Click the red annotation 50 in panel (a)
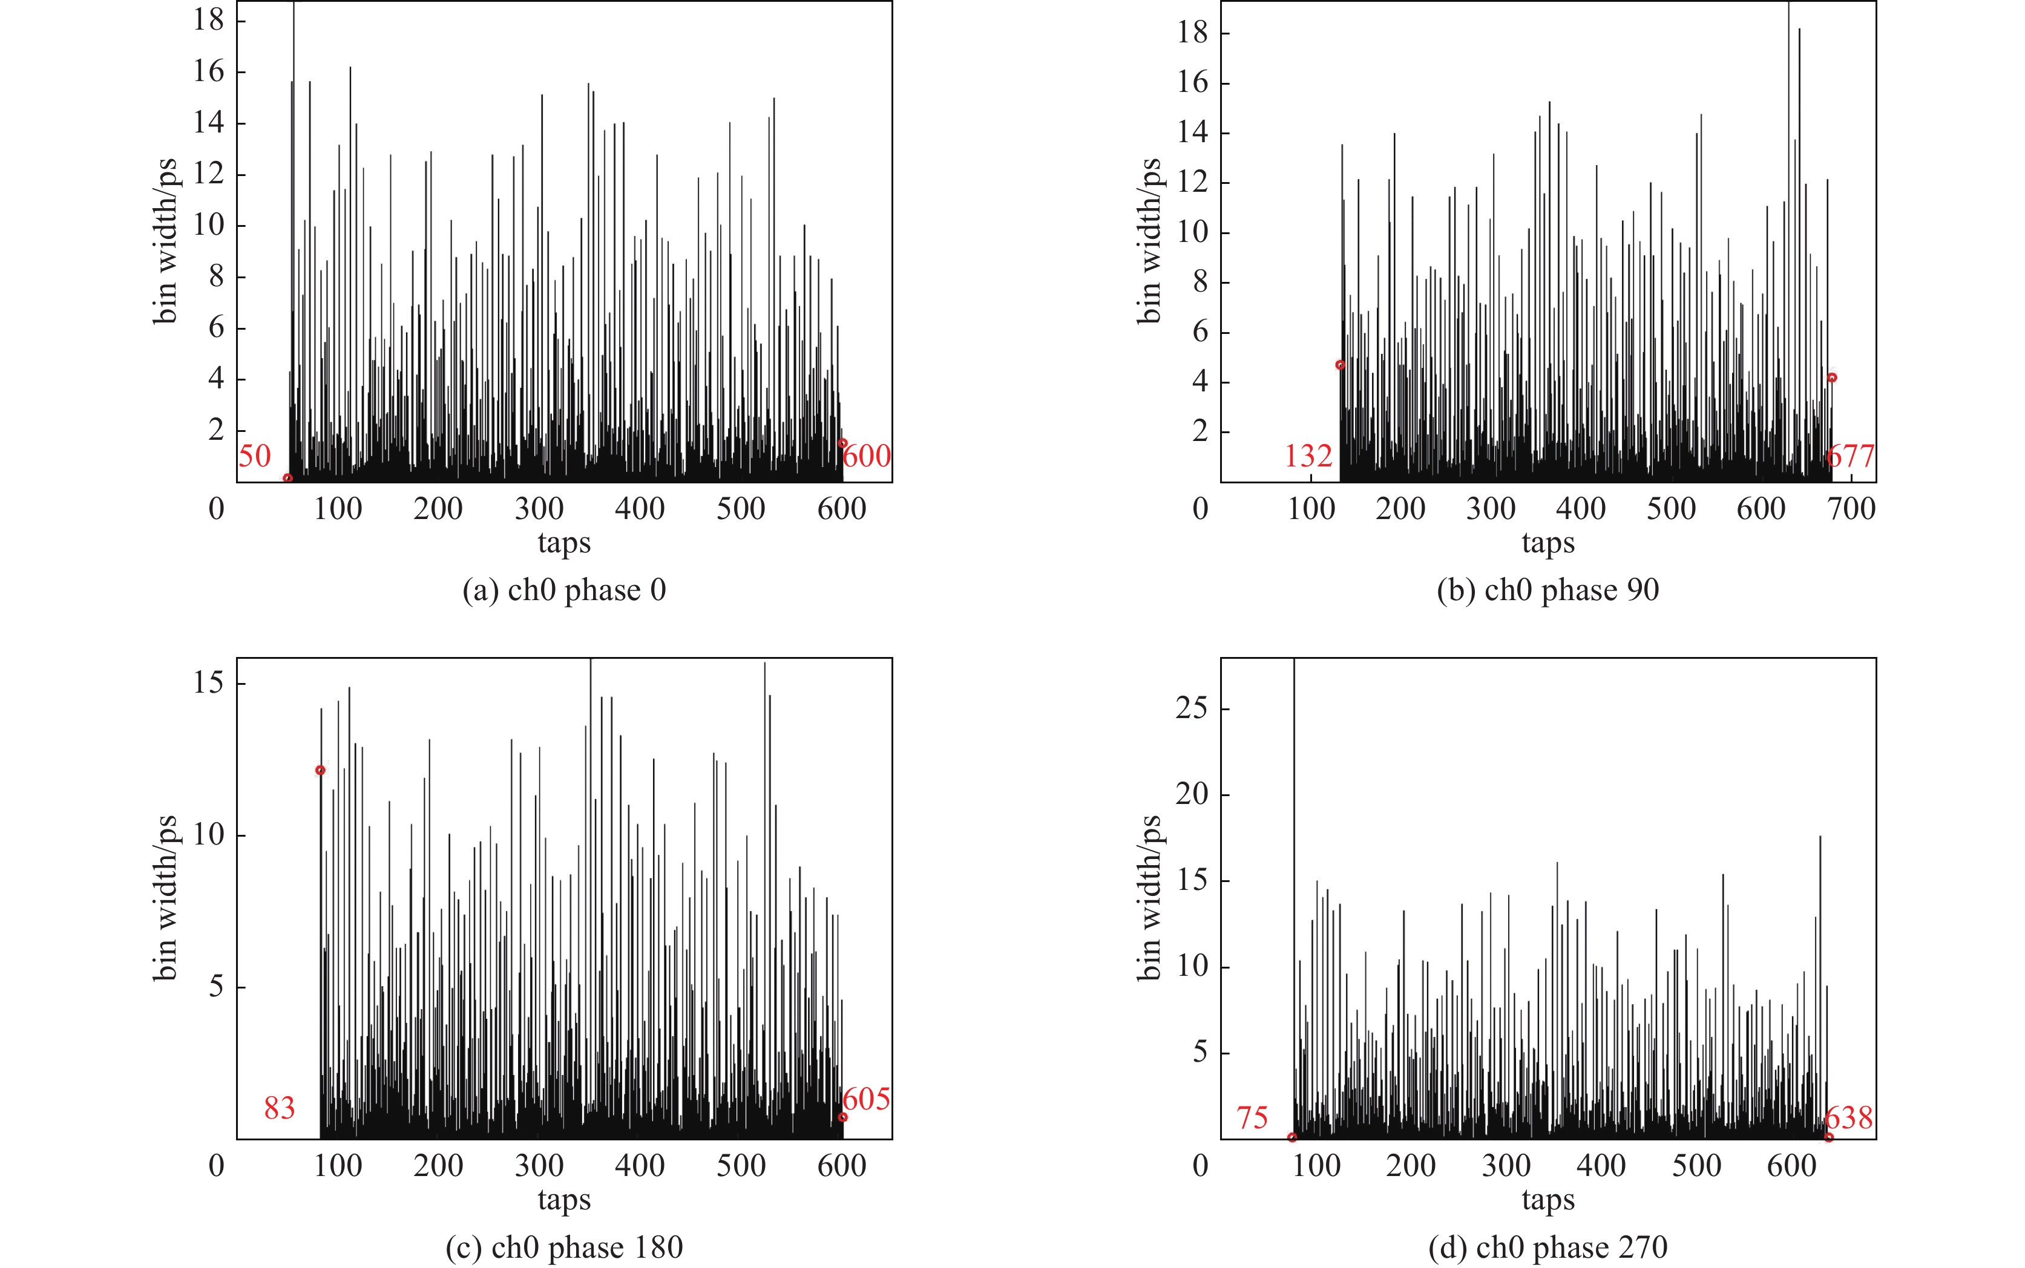254,456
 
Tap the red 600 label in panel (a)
867,456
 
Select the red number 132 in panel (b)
1308,456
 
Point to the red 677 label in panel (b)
1849,456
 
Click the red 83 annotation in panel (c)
280,1109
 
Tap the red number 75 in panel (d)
1252,1118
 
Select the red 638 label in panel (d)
1848,1118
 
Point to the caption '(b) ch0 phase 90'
1547,590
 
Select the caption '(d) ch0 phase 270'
1547,1247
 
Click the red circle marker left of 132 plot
1340,365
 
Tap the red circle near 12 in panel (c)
320,770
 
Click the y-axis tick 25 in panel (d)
1191,708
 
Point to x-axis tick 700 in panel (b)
1851,508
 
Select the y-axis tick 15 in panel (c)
208,682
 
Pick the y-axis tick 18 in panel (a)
208,19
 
